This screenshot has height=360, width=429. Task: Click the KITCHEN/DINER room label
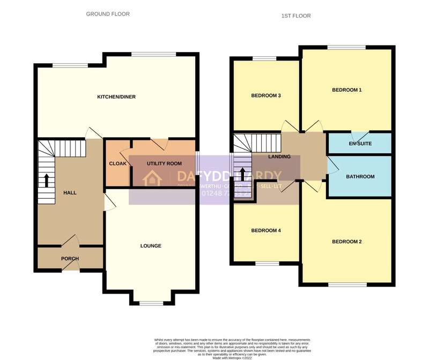(116, 97)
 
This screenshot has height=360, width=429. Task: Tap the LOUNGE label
(151, 246)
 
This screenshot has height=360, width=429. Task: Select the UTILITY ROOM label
(165, 163)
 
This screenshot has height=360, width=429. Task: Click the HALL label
(70, 192)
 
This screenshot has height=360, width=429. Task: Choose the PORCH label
(70, 259)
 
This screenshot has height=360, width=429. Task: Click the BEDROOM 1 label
(346, 90)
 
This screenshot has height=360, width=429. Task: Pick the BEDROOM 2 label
(346, 242)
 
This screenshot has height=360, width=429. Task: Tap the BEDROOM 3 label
(266, 96)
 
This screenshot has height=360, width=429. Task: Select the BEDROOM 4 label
(266, 231)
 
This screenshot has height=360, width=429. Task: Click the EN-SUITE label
(360, 144)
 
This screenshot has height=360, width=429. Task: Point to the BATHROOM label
(360, 176)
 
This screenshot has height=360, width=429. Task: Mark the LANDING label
(279, 157)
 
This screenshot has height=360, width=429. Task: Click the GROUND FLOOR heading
(108, 14)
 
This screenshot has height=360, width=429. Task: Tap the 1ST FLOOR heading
(296, 16)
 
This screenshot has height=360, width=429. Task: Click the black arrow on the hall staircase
(47, 179)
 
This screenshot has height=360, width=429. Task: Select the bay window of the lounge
(151, 304)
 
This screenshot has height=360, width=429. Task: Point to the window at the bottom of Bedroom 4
(266, 264)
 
